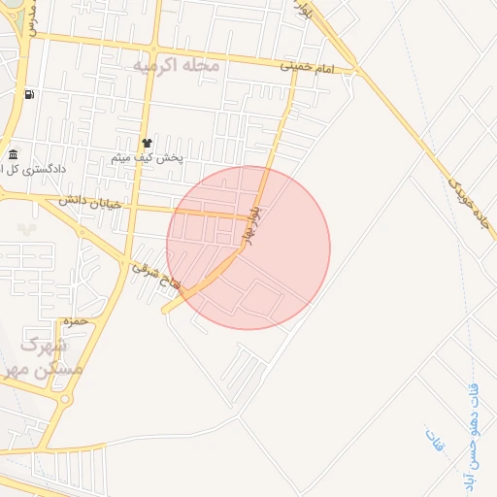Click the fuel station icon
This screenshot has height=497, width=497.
click(29, 94)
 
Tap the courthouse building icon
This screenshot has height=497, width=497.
click(13, 154)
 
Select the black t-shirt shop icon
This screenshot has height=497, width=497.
click(147, 142)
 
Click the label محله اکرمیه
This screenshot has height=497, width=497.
click(176, 65)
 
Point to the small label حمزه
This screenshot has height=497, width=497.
click(75, 319)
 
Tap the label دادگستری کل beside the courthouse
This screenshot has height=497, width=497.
click(37, 168)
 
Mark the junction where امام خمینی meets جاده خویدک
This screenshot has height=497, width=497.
click(358, 70)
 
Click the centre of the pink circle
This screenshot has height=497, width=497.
click(248, 248)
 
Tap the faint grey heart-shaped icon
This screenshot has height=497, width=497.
click(25, 229)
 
